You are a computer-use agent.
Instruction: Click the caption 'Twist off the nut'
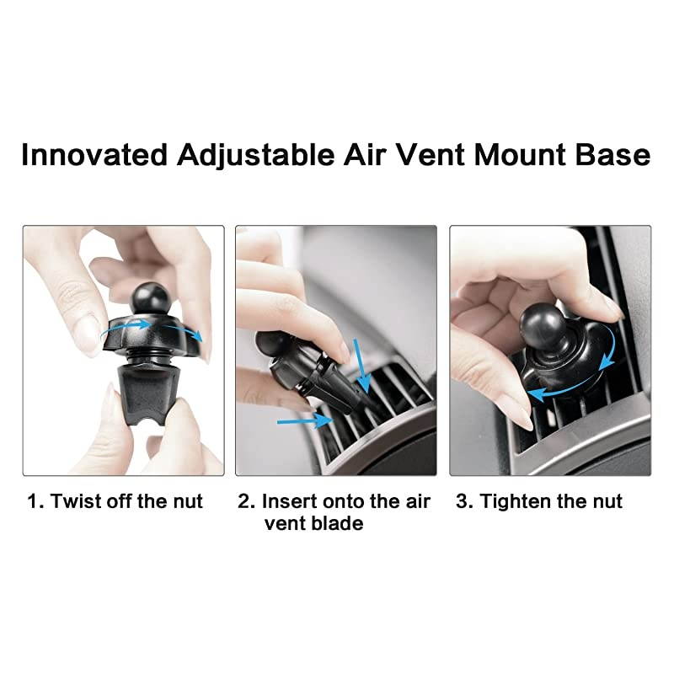pyautogui.click(x=126, y=502)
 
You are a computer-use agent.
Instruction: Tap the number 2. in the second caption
pyautogui.click(x=246, y=502)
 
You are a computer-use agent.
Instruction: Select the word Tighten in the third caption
pyautogui.click(x=516, y=502)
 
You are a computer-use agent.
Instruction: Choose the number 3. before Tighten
pyautogui.click(x=464, y=502)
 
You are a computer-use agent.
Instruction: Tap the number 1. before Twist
pyautogui.click(x=35, y=502)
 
